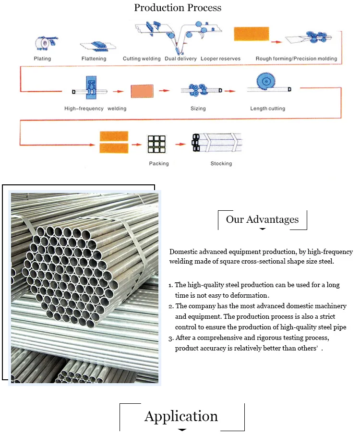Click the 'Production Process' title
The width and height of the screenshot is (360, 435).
point(178,8)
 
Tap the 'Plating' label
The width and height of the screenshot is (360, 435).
point(42,59)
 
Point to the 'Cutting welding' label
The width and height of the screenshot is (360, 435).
point(142,59)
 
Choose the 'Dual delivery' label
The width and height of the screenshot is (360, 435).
point(180,59)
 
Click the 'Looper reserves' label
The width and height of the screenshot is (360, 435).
point(220,59)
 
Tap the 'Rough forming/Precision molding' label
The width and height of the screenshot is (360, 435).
point(296,59)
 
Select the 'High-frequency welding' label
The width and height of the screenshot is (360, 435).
point(95,109)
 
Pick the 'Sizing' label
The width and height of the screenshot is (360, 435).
point(198,109)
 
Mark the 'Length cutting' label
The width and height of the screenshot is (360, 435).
point(267,109)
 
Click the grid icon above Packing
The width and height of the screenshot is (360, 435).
point(156,143)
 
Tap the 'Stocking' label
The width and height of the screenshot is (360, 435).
point(221,164)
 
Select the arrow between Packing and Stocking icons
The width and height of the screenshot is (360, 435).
point(180,144)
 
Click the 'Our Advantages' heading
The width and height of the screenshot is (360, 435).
point(262,219)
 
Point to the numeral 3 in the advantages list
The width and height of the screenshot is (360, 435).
point(171,338)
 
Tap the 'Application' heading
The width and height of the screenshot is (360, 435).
point(181,416)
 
